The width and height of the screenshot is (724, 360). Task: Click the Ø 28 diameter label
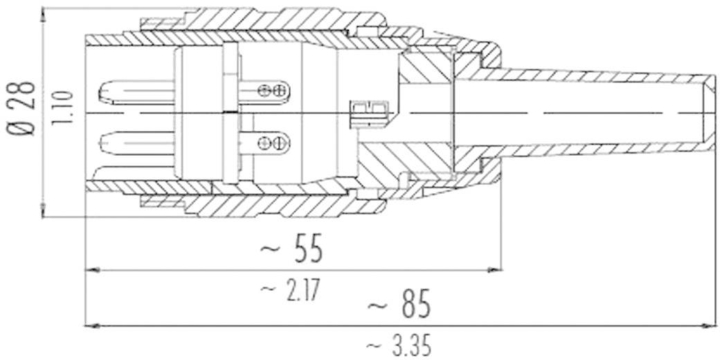pos(25,111)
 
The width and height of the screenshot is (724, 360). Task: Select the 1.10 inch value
pos(60,111)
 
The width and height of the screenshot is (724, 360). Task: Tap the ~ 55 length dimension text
pos(291,250)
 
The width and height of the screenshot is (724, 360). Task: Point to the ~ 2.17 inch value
pos(291,289)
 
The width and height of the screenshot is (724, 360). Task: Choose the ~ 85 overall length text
pos(399,305)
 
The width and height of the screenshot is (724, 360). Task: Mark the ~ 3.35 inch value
pos(399,345)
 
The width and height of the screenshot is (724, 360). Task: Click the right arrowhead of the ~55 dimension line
pos(497,269)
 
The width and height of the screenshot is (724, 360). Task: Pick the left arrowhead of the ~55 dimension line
pos(89,269)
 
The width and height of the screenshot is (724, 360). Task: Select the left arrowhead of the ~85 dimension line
pos(89,324)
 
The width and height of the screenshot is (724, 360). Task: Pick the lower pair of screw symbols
pos(271,143)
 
